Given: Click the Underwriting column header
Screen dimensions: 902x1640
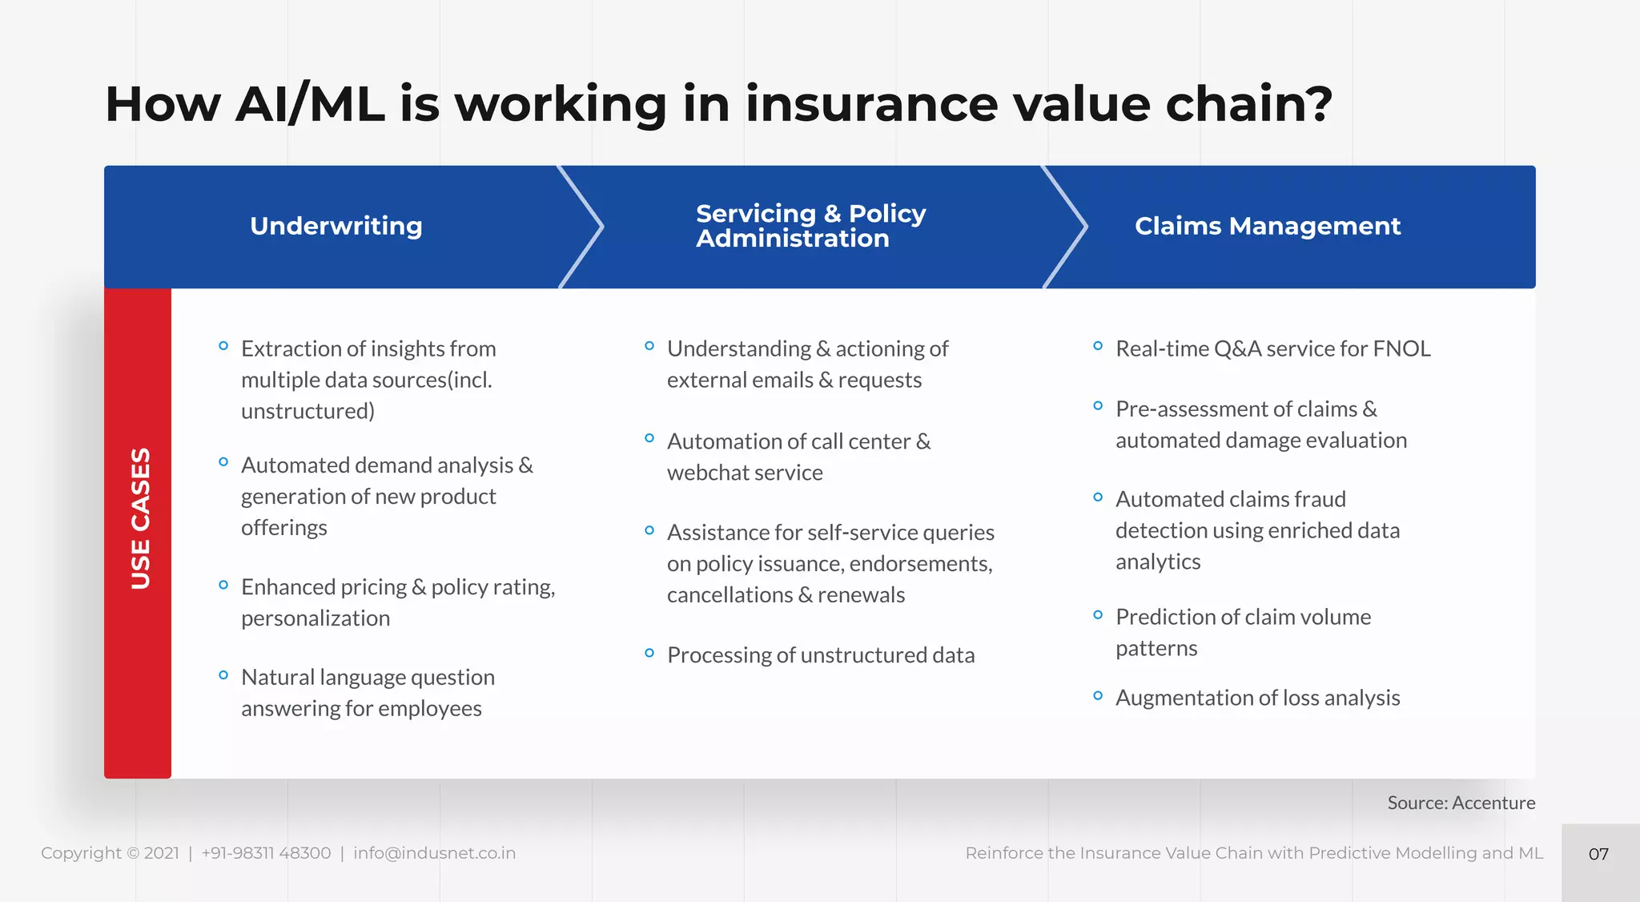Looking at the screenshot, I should pyautogui.click(x=336, y=226).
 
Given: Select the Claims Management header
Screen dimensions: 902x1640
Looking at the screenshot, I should pyautogui.click(x=1267, y=226).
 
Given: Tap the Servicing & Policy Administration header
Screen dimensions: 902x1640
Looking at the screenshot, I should pyautogui.click(x=810, y=226).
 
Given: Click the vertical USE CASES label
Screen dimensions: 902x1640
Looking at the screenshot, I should pyautogui.click(x=140, y=518).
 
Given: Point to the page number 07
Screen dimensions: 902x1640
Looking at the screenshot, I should pyautogui.click(x=1598, y=854).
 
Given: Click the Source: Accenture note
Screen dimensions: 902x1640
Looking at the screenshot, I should pyautogui.click(x=1461, y=803).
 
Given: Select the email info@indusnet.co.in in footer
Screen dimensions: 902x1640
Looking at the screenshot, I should pyautogui.click(x=434, y=853).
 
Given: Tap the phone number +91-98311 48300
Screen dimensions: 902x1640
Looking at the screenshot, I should pyautogui.click(x=266, y=853).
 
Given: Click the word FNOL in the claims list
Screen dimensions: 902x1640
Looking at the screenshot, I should pyautogui.click(x=1401, y=349).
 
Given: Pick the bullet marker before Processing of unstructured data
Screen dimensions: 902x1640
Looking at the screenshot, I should pyautogui.click(x=649, y=654).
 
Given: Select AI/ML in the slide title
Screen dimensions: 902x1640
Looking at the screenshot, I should pyautogui.click(x=309, y=104).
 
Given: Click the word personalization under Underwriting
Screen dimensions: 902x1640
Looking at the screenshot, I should pyautogui.click(x=316, y=618).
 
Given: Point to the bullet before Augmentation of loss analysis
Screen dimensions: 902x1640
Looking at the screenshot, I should pyautogui.click(x=1098, y=696).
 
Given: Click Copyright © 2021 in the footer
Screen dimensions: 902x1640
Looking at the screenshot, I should pyautogui.click(x=110, y=853).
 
